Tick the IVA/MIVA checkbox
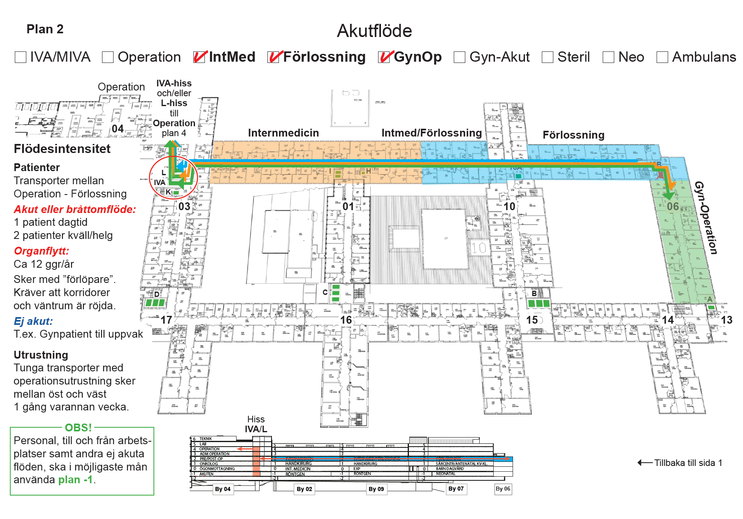[21, 57]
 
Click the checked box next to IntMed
[199, 57]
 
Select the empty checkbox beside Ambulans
[662, 57]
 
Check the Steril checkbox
[548, 57]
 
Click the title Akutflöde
[374, 31]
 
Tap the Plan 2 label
[45, 29]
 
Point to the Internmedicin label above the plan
[283, 133]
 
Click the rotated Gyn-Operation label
[706, 218]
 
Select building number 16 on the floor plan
[346, 320]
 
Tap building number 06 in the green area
[673, 206]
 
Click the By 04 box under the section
[223, 489]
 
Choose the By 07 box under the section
[456, 489]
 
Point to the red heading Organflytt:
[42, 251]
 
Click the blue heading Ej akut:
[33, 321]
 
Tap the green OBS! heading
[78, 428]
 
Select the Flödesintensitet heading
[62, 149]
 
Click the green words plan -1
[76, 480]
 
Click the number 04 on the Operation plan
[118, 129]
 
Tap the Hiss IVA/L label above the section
[256, 424]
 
